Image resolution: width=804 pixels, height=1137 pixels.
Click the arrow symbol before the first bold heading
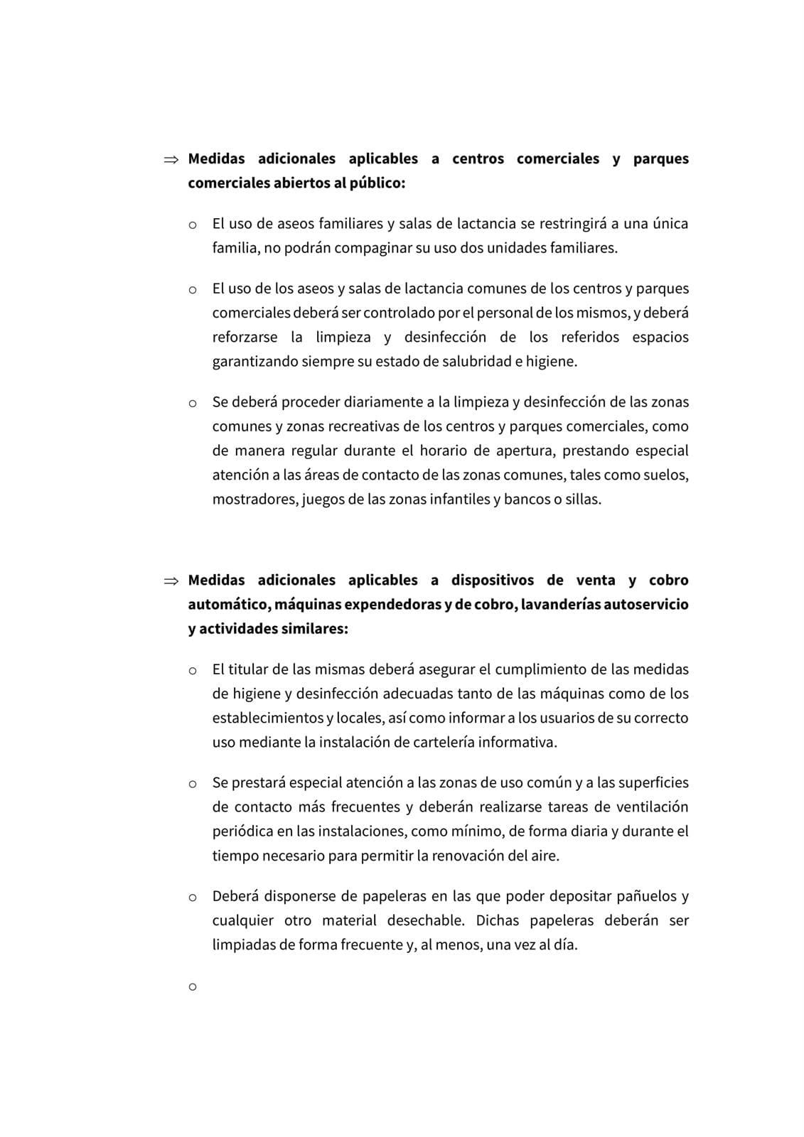coord(171,160)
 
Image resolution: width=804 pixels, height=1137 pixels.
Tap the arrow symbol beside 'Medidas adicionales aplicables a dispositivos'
coord(171,581)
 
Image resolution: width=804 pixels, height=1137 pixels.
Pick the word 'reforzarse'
coord(245,338)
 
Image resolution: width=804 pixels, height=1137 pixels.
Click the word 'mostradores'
coord(254,500)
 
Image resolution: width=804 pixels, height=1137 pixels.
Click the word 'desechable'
coord(425,921)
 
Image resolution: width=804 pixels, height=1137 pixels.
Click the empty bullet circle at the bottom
coord(192,987)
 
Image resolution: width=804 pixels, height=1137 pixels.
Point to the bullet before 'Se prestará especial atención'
coord(192,784)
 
